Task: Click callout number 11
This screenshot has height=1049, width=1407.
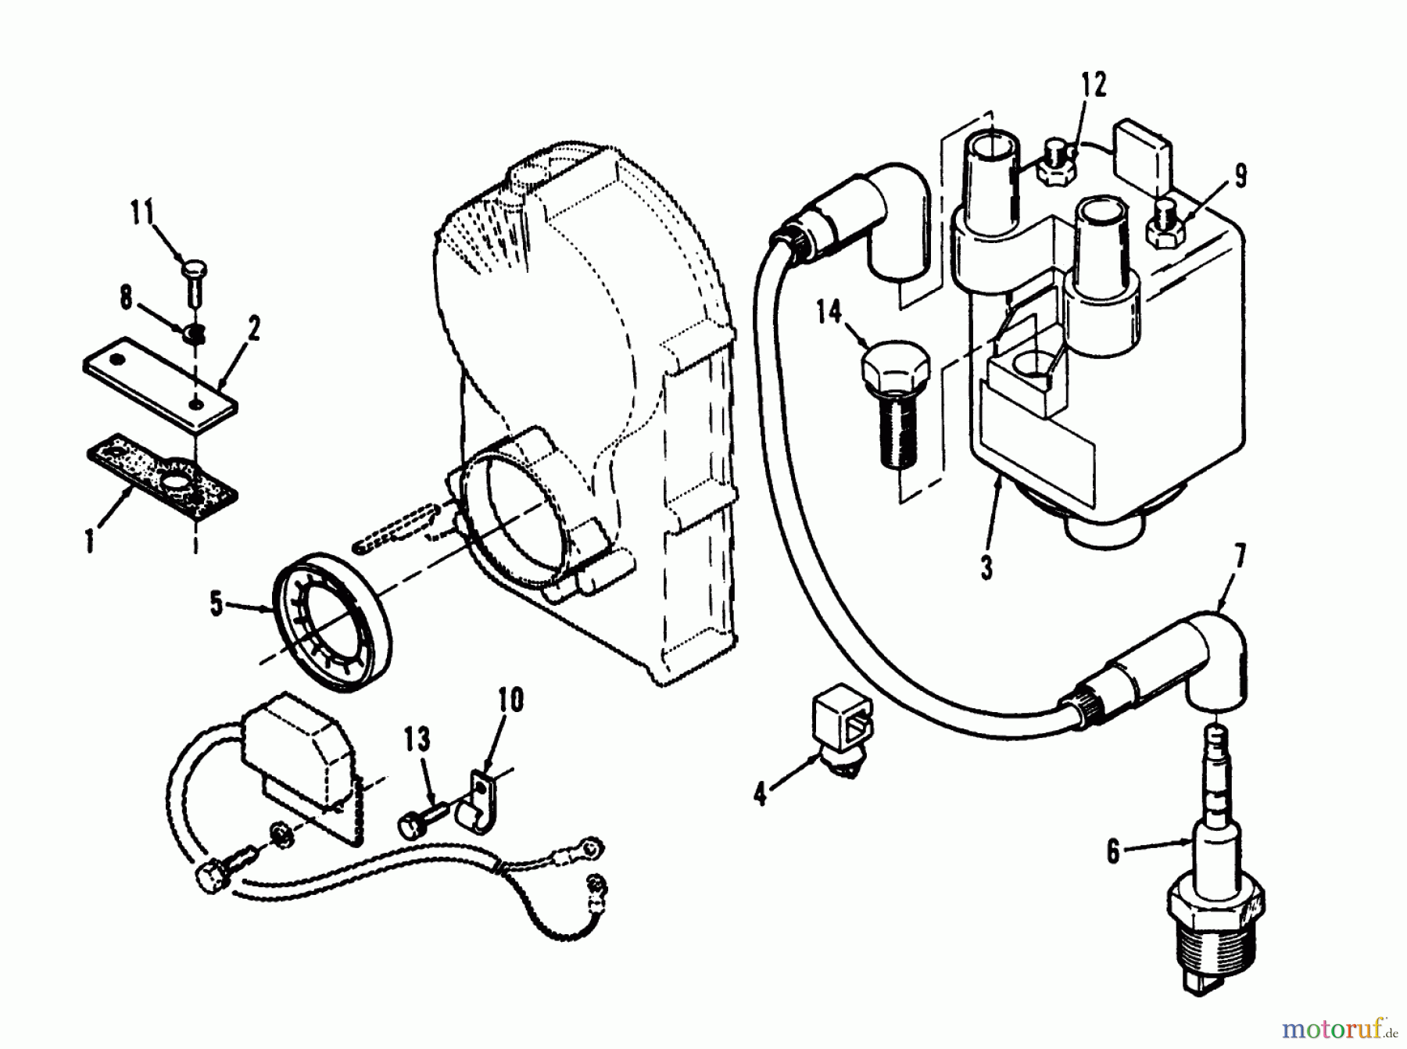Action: click(143, 213)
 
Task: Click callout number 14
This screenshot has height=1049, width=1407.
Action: click(829, 313)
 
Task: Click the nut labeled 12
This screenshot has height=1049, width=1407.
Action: click(1058, 166)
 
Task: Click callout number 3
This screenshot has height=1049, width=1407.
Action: click(987, 567)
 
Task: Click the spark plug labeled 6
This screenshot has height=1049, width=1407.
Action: click(1213, 899)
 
